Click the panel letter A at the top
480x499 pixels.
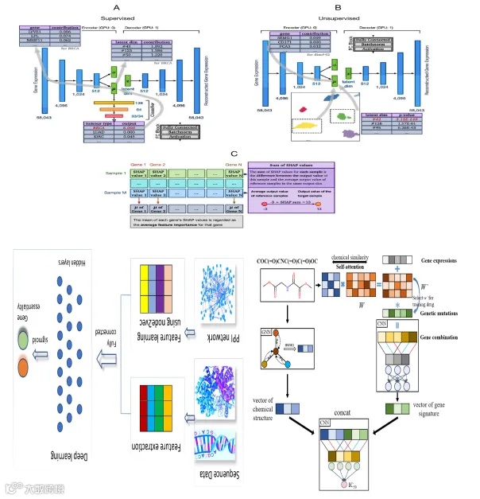pos(116,6)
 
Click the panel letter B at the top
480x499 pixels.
pos(338,6)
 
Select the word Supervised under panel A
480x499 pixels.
pos(116,16)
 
